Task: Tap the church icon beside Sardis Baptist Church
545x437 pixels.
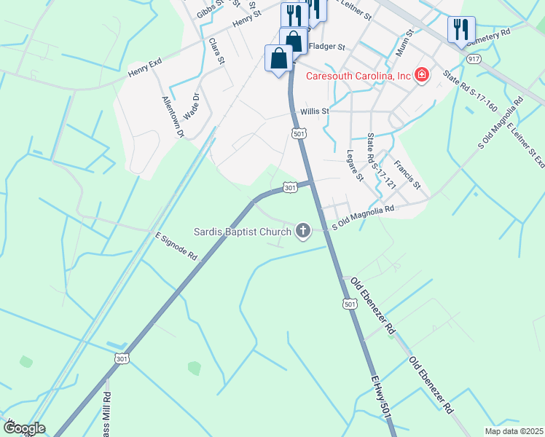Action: coord(302,232)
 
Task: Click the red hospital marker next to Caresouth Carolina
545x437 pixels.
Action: coord(421,75)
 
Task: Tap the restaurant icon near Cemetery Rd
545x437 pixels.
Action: coord(460,29)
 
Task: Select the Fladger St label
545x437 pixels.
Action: coord(326,47)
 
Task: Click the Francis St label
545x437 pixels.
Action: coord(408,175)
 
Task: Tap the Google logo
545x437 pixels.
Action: coord(24,429)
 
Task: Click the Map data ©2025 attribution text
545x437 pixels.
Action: coord(513,431)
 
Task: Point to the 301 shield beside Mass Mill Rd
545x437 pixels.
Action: coord(122,358)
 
